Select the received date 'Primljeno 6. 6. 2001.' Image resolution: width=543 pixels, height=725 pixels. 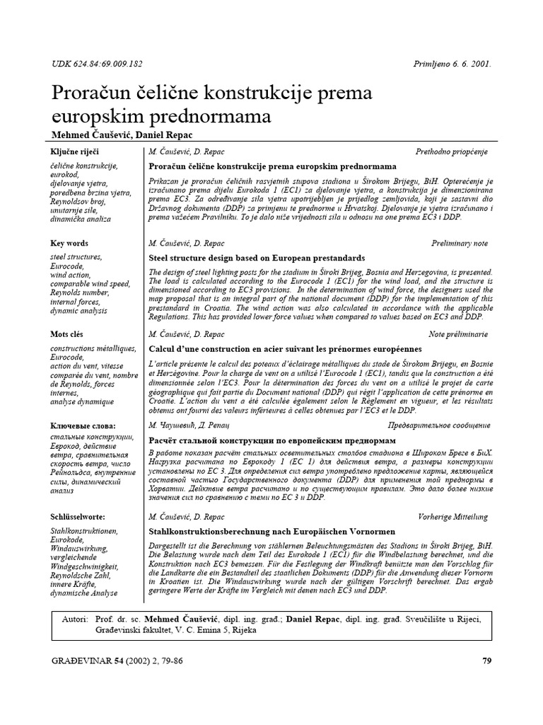[x=452, y=64]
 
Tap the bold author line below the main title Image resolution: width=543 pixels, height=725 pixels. [x=124, y=135]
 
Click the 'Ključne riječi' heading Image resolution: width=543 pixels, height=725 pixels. [x=74, y=152]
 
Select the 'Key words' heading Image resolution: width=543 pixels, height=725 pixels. [x=69, y=243]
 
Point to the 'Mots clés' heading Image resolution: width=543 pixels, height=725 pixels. [x=69, y=333]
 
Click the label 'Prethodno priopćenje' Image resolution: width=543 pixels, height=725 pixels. [x=451, y=152]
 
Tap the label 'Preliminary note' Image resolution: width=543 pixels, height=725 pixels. [x=459, y=243]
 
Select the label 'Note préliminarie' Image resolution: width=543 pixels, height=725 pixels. [x=457, y=333]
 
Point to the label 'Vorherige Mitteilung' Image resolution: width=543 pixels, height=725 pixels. [x=453, y=516]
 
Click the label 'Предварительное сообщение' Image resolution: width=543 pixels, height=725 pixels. [x=438, y=425]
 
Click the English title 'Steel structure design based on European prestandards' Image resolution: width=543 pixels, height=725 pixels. [x=257, y=258]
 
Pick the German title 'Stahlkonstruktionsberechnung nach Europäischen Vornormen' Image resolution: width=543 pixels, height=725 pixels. [x=272, y=531]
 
